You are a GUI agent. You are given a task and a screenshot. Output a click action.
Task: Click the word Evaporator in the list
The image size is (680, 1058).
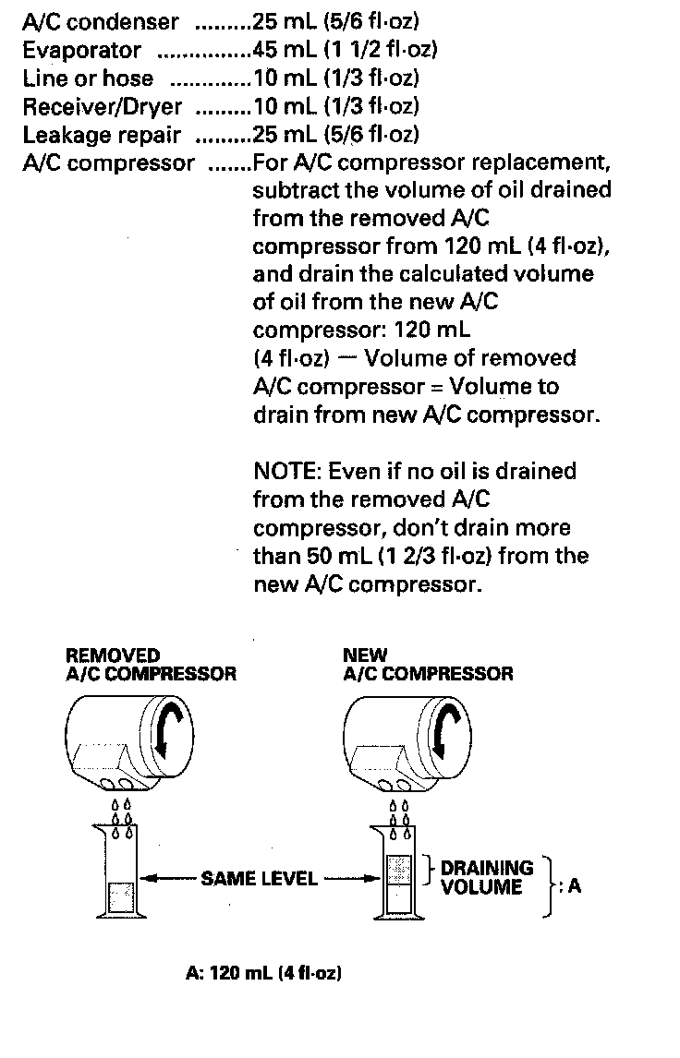pos(81,50)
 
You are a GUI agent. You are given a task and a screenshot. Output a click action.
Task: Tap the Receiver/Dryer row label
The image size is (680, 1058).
pos(103,106)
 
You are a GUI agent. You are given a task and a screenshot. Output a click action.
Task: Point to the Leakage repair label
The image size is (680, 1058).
pos(102,135)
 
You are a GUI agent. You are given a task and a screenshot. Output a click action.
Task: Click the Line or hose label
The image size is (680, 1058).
pos(88,78)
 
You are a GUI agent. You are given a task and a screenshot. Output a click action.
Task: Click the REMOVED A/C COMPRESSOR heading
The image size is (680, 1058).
pos(151,665)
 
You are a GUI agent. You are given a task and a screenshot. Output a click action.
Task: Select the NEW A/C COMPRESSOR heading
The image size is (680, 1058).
pos(427,665)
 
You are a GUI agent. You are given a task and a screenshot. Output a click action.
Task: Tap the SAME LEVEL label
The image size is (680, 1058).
pos(259,878)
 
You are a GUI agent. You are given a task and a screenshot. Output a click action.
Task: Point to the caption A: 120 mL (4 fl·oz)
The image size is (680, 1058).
pos(263,973)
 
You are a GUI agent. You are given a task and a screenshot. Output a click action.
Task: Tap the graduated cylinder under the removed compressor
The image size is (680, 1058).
pos(121,872)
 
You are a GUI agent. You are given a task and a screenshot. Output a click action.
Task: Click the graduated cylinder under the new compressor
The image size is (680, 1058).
pos(396,872)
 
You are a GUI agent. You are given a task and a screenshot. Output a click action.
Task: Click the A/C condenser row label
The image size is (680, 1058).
pos(101,20)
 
